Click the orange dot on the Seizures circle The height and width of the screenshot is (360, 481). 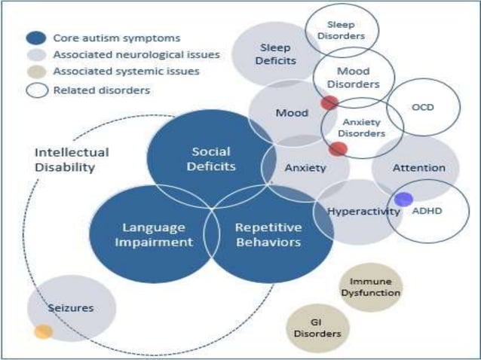coord(44,331)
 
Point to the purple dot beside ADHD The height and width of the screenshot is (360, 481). coord(403,200)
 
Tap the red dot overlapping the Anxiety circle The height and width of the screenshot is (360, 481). coord(338,149)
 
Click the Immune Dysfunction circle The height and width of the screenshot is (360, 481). coord(369,286)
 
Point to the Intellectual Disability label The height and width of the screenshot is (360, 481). coord(72,160)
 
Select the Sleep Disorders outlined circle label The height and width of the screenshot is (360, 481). coord(342,30)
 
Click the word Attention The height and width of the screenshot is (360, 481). coord(418,167)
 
